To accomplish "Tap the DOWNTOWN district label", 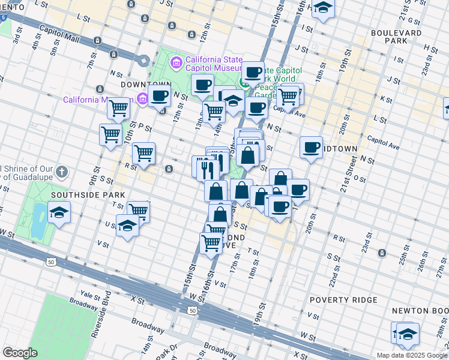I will click(142, 85).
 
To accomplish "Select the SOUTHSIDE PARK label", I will click(88, 195).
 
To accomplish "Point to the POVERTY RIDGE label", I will click(343, 299).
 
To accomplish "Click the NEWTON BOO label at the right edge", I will click(420, 310).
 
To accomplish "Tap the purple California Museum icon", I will click(142, 98).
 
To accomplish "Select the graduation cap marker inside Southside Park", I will click(59, 212).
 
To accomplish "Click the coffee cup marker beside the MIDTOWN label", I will click(311, 147).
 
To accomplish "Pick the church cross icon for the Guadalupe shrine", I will click(61, 173).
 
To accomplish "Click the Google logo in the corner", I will click(19, 353).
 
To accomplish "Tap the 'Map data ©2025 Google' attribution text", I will click(412, 355).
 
